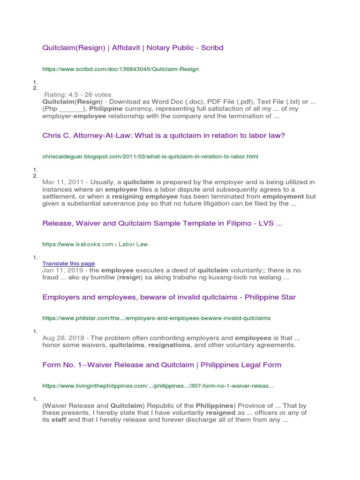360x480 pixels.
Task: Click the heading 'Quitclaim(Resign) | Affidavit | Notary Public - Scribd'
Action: click(x=133, y=48)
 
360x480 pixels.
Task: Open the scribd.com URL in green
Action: click(x=120, y=69)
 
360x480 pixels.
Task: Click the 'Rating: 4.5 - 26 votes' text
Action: click(x=78, y=95)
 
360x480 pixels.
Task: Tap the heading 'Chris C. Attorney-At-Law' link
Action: click(x=164, y=135)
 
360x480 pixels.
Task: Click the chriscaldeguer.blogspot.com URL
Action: click(x=150, y=156)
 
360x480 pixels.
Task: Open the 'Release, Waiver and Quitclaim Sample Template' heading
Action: click(x=162, y=224)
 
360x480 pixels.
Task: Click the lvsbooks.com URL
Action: click(x=95, y=244)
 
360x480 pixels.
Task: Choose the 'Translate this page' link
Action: click(x=68, y=263)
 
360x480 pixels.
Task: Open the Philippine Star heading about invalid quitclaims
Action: click(x=169, y=297)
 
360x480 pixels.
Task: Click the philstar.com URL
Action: click(x=156, y=318)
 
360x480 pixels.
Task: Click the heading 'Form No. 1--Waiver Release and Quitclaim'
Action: click(x=162, y=365)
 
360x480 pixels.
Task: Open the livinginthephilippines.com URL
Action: click(x=157, y=386)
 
